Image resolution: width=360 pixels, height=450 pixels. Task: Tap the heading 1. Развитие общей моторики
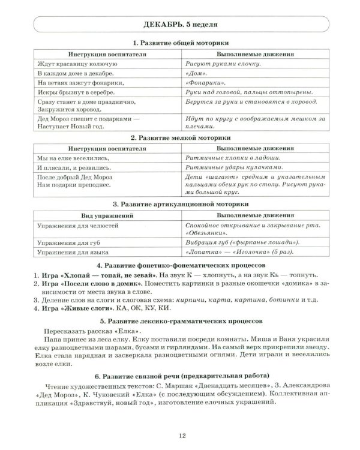coord(181,43)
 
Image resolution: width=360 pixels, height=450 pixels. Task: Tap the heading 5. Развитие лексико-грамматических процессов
coord(181,322)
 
